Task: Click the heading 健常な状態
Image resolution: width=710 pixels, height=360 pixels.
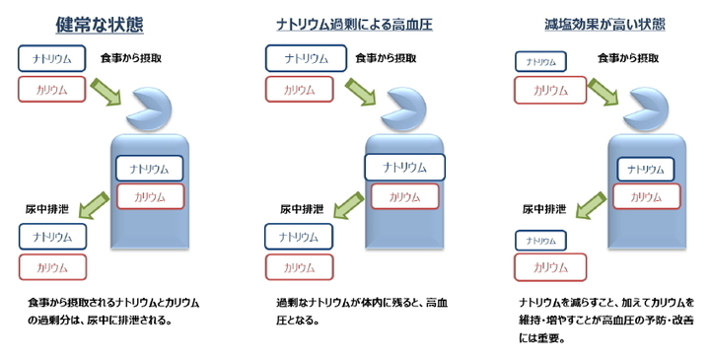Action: point(100,23)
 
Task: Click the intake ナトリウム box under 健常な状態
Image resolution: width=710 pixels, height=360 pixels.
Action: point(51,58)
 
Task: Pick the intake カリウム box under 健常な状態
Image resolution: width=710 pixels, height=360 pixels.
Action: point(51,90)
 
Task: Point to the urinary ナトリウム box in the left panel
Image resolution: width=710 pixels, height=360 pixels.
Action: point(52,237)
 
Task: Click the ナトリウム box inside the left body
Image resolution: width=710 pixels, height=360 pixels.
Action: point(150,169)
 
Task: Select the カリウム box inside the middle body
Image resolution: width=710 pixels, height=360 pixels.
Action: point(404,197)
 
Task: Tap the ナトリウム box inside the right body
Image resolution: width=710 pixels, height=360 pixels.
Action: point(649,169)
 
